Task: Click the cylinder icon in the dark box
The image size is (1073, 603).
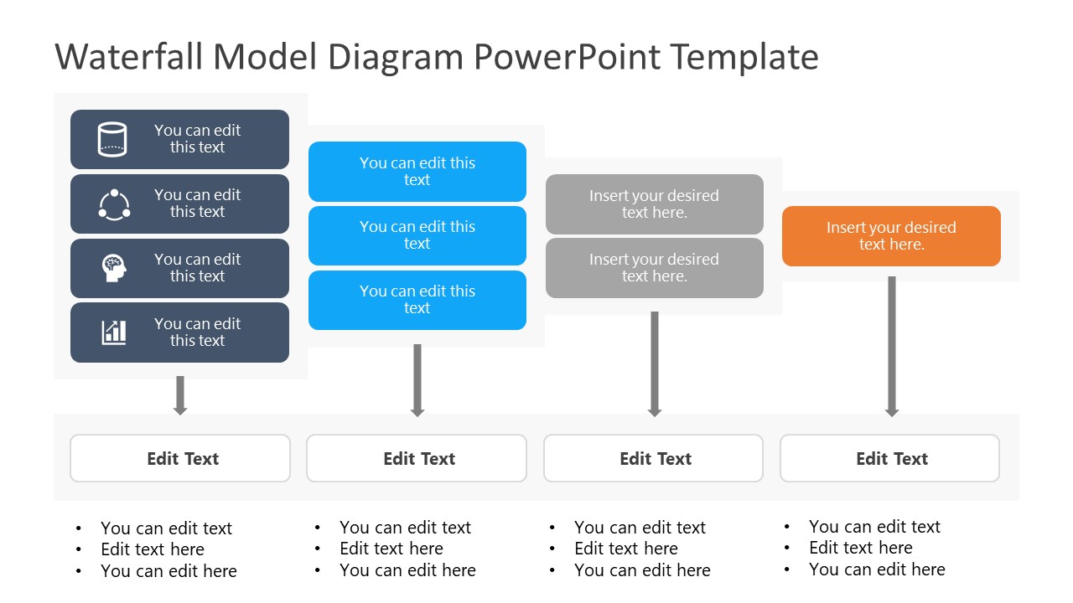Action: tap(112, 139)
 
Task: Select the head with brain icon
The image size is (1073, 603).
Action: tap(114, 267)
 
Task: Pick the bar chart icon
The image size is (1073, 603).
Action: tap(114, 332)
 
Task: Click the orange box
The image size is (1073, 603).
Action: tap(891, 236)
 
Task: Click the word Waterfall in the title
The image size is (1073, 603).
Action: tap(128, 57)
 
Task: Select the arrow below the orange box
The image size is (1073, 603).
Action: tap(891, 347)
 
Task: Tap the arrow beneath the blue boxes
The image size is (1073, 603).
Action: tap(417, 380)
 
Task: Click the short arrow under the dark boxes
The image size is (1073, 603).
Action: tap(180, 395)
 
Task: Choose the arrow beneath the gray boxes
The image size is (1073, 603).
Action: tap(655, 364)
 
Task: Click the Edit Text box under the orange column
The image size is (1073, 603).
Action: tap(889, 458)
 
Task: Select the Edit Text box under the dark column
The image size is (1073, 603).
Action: tap(180, 458)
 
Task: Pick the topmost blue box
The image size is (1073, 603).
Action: tap(417, 172)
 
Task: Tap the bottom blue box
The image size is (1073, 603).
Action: tap(417, 300)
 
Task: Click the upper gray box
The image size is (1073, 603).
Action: tap(655, 204)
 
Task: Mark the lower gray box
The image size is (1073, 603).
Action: tap(655, 268)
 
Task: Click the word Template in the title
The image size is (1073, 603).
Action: tap(744, 57)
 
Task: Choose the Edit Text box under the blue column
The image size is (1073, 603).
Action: tap(417, 458)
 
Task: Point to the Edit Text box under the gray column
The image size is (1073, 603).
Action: tap(653, 458)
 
